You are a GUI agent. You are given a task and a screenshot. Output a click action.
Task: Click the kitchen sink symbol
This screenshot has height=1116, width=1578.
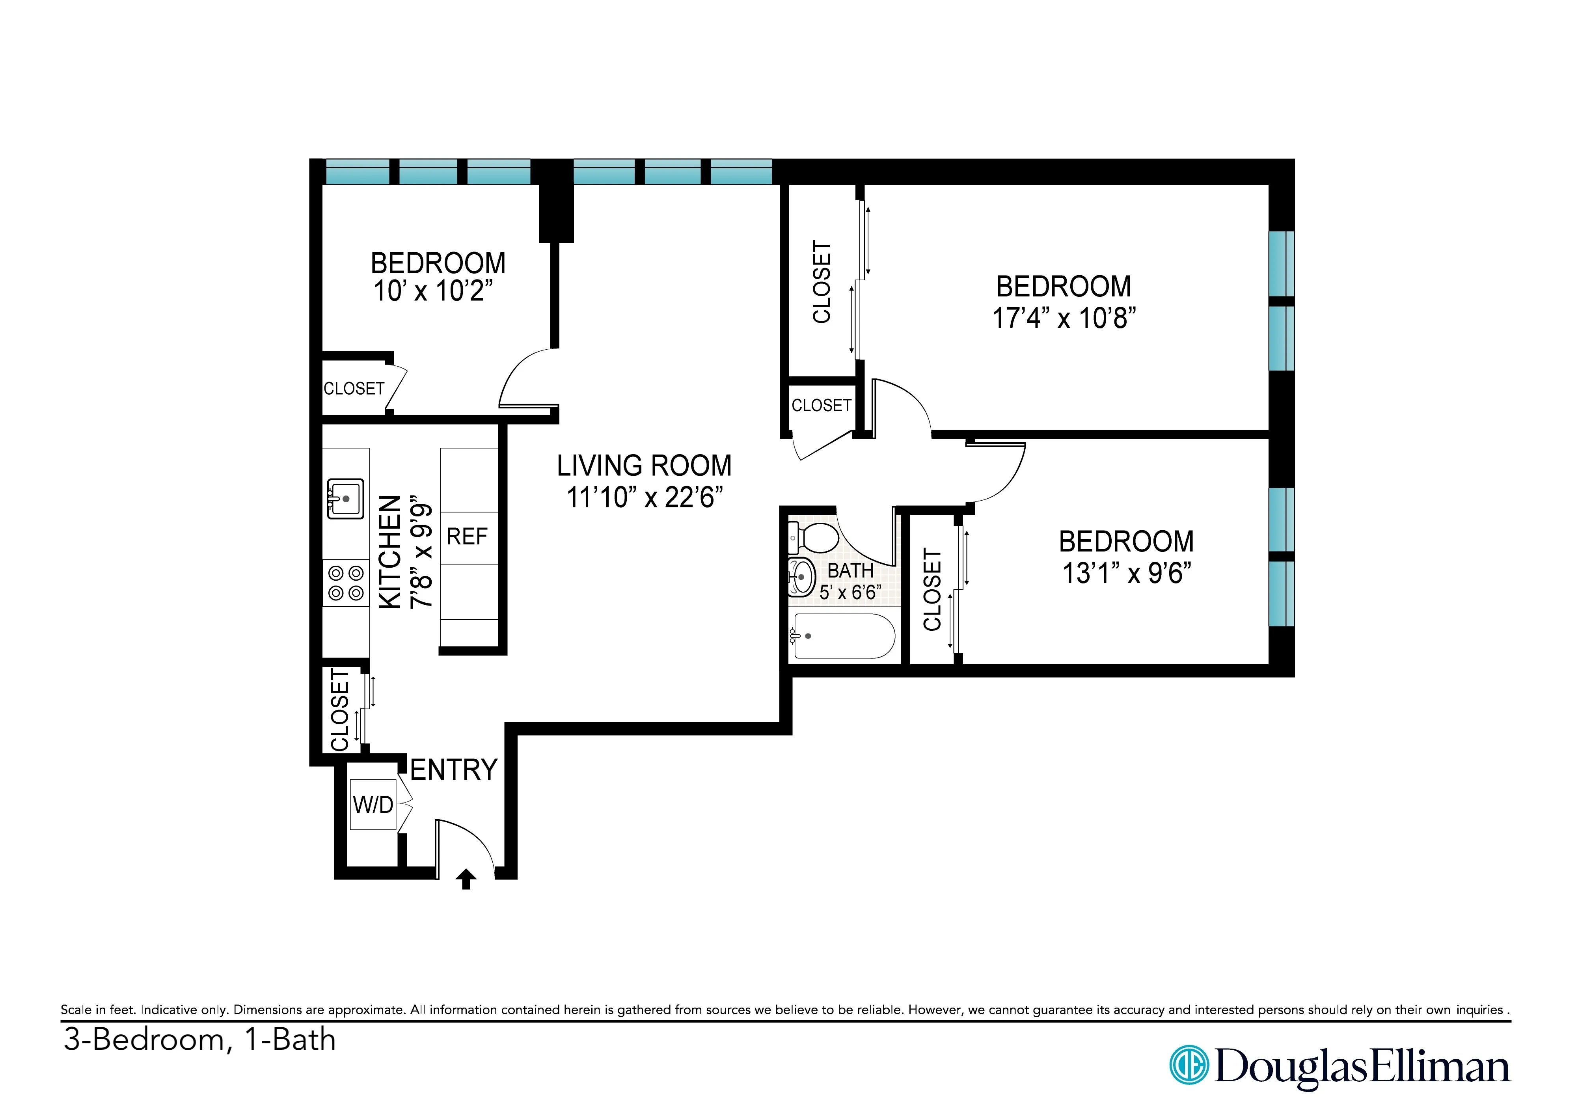(x=346, y=499)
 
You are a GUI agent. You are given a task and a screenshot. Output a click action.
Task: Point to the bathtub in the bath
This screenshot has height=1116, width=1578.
(x=843, y=636)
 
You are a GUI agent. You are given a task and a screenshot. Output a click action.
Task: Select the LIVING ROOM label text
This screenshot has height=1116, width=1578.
(x=644, y=466)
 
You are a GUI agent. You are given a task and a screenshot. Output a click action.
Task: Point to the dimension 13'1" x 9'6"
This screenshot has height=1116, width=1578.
(x=1127, y=573)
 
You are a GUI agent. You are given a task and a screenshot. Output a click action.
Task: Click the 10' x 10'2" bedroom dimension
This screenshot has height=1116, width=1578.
(x=433, y=291)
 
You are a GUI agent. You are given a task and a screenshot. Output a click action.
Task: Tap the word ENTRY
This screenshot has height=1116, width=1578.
(x=454, y=769)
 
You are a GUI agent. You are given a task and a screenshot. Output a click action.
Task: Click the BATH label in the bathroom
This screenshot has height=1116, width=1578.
(x=850, y=570)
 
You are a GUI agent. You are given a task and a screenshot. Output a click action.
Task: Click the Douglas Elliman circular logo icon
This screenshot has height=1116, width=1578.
(x=1188, y=1065)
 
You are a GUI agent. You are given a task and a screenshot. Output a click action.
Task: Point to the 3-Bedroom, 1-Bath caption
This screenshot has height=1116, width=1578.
(x=199, y=1040)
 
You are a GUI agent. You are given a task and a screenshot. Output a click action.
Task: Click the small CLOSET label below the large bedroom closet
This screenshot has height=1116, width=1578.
(x=821, y=406)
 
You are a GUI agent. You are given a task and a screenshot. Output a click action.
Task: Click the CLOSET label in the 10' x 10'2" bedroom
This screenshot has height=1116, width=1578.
(x=354, y=389)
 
